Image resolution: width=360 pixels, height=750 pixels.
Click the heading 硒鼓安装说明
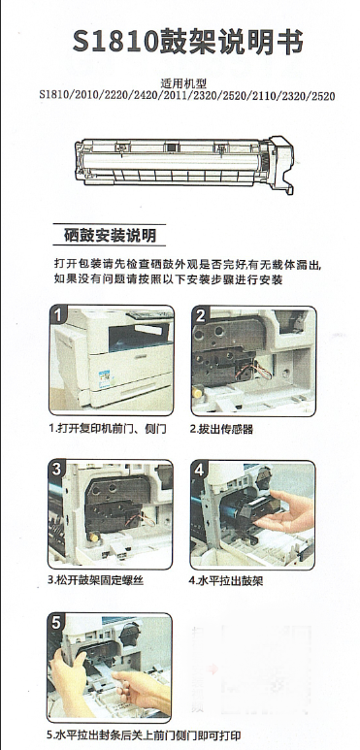point(110,236)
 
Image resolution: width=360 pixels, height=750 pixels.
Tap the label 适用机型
point(187,83)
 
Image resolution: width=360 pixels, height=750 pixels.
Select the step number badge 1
point(58,315)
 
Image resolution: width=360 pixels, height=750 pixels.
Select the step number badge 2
point(200,315)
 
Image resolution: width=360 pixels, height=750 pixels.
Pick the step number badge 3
point(57,470)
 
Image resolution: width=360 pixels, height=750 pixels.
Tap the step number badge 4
point(199,470)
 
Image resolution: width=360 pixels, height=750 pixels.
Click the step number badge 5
point(56,623)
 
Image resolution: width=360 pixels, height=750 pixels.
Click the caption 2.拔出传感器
point(221,430)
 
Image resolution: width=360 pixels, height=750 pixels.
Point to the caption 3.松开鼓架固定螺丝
point(96,581)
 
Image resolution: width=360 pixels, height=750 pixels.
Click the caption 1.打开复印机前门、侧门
point(108,429)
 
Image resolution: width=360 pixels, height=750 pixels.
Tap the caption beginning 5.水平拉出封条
point(144,735)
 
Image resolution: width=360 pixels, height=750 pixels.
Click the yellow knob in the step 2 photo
point(197,393)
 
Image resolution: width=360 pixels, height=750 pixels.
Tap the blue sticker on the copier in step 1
point(105,378)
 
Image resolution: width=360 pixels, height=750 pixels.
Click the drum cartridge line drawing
point(185,164)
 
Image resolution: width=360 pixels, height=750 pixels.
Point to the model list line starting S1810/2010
point(187,96)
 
